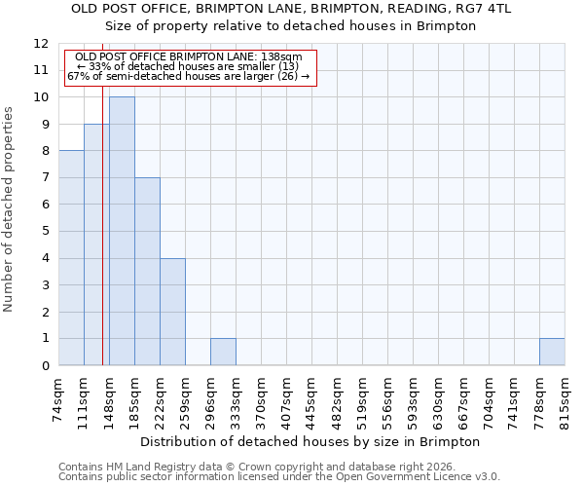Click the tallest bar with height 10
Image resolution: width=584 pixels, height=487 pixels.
122,232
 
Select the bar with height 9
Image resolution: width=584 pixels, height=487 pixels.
96,244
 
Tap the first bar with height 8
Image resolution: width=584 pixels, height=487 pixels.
71,258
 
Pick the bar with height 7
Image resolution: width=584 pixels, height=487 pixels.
147,272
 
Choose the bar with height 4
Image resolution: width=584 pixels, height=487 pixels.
172,312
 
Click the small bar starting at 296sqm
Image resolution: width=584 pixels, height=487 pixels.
223,352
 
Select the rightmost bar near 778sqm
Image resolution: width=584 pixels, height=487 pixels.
552,352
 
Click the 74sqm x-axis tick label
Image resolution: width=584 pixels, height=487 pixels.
58,396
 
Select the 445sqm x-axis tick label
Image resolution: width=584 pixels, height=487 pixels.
311,398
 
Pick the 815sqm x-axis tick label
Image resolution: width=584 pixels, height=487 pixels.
565,396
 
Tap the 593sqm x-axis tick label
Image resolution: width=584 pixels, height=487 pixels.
413,398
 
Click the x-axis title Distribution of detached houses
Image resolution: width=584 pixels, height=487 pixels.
310,441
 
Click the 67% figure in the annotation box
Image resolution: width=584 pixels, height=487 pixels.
77,76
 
